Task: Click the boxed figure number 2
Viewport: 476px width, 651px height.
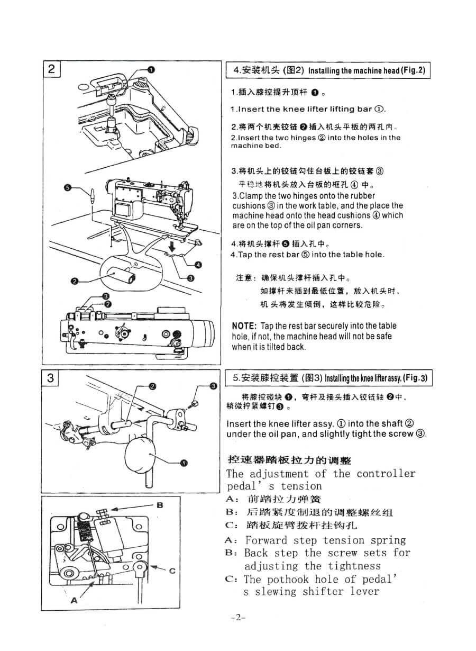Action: coord(51,69)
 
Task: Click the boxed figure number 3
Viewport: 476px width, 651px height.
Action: coord(51,378)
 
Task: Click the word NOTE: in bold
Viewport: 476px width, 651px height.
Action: coord(244,326)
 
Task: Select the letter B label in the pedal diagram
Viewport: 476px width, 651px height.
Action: coord(160,505)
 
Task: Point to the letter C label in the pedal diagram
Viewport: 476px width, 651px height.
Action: coord(172,571)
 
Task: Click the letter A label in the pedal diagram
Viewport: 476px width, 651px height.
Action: coord(74,600)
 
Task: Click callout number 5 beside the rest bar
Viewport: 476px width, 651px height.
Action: coord(67,187)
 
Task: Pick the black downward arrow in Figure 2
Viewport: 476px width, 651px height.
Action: coord(172,247)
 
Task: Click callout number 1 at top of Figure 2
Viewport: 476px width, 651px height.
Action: coord(151,69)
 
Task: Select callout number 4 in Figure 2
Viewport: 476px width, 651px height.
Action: coord(198,265)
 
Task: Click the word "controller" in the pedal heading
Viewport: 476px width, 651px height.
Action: coord(386,474)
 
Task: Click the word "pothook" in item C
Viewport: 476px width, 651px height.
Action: coord(288,580)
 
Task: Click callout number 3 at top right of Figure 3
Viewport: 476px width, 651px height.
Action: coord(214,386)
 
